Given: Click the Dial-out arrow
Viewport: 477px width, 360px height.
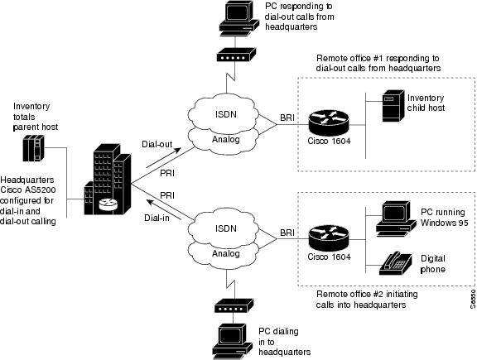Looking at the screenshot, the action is click(164, 158).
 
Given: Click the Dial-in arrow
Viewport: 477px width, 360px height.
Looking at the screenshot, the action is click(164, 209).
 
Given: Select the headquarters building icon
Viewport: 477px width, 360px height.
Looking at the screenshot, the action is click(108, 179).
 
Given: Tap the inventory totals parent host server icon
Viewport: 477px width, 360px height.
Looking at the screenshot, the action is click(34, 148).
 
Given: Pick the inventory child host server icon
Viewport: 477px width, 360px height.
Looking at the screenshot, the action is click(393, 106).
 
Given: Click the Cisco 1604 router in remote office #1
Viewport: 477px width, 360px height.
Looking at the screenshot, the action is click(329, 122).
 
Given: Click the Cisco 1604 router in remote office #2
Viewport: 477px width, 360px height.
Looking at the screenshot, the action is click(329, 238).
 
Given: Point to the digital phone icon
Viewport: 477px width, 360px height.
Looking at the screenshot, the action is click(396, 263).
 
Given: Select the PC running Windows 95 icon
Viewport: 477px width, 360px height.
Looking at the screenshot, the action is click(396, 218).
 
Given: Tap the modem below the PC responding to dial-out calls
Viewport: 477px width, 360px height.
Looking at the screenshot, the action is click(236, 55).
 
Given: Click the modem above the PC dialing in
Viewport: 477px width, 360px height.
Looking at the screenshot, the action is click(234, 305).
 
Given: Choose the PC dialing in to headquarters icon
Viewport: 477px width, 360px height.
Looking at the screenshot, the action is click(233, 342).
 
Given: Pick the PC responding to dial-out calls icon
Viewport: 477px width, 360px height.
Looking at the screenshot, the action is click(239, 18).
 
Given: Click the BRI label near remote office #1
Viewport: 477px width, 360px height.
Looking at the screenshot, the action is click(287, 118).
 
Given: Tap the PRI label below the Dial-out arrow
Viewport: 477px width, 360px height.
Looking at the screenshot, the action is click(167, 173).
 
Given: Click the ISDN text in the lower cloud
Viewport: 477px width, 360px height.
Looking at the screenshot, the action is click(226, 228).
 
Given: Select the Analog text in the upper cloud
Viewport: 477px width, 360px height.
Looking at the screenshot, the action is click(226, 139).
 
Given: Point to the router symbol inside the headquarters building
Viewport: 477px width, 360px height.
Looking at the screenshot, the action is click(108, 204).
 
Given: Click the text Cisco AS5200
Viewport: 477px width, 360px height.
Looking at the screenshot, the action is click(28, 190).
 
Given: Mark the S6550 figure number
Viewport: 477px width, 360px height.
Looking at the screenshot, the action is click(473, 299).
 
